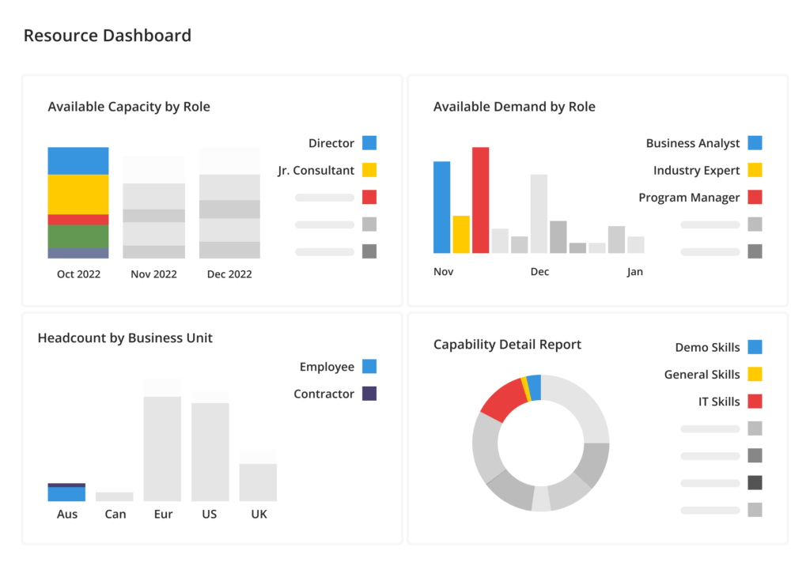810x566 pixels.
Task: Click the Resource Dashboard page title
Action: [x=107, y=36]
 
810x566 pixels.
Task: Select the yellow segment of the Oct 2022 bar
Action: [x=78, y=194]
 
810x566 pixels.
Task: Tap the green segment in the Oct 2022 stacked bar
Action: [x=78, y=236]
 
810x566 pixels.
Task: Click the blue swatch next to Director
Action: [x=369, y=143]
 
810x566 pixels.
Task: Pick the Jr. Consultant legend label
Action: [x=316, y=170]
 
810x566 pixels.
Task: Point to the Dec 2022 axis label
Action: [x=229, y=274]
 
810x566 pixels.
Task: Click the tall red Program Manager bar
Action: [x=480, y=200]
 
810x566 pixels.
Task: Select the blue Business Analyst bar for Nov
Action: [x=441, y=207]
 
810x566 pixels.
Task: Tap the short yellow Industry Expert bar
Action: [x=461, y=234]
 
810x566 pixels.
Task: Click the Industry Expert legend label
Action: [x=696, y=170]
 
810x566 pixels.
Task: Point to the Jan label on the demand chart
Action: [x=635, y=272]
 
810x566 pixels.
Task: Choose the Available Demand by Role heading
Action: [x=514, y=107]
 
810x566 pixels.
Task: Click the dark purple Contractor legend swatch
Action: [x=369, y=394]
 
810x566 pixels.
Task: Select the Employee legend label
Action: [x=327, y=367]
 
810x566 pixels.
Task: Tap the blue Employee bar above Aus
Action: [x=66, y=494]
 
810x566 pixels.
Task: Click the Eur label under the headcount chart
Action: [x=163, y=514]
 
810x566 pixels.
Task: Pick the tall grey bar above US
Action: [x=210, y=451]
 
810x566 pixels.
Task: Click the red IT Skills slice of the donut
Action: [x=503, y=399]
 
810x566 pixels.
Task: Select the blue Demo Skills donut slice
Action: [x=535, y=387]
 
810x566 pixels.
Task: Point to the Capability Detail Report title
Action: [x=507, y=345]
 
